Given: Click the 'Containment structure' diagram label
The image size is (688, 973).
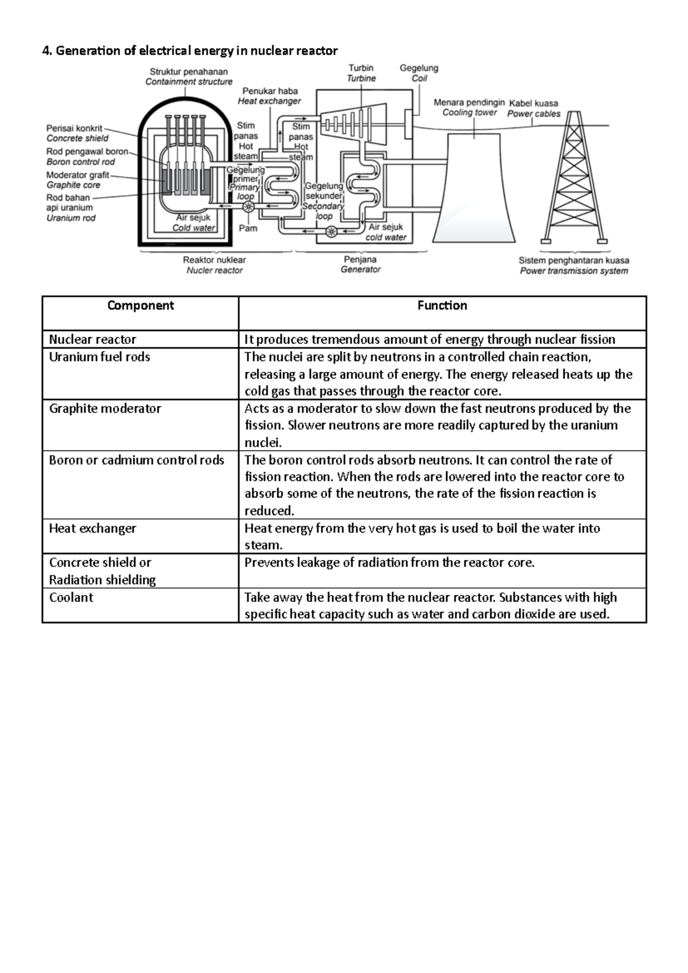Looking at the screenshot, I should pos(189,82).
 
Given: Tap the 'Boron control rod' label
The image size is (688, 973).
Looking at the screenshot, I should pos(80,162).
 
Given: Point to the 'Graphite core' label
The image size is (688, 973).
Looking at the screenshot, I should pos(73,185).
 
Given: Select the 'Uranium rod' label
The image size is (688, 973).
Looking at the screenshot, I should pos(71,218).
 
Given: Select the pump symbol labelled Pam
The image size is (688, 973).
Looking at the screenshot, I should pos(248,207).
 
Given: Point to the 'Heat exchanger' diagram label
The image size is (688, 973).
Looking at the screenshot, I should pos(269,101).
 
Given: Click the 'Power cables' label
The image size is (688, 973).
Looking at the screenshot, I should pos(533,114).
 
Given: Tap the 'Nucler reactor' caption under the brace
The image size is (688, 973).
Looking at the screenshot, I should pos(214,270).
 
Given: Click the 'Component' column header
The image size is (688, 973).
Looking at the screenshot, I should pos(140,306).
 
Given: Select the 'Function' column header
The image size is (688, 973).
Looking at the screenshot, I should pos(442,306).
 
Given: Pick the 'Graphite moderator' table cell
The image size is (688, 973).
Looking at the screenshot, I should pos(105,408).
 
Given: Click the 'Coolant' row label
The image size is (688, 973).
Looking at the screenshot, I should pos(71,597).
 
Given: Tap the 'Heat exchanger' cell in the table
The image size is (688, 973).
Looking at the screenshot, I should pos(92,528).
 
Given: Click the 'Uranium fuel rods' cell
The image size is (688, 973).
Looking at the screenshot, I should pos(99,357).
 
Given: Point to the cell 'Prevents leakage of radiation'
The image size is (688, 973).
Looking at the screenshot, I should pos(389,563).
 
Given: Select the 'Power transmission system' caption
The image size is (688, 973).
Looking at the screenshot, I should pos(574,271).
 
